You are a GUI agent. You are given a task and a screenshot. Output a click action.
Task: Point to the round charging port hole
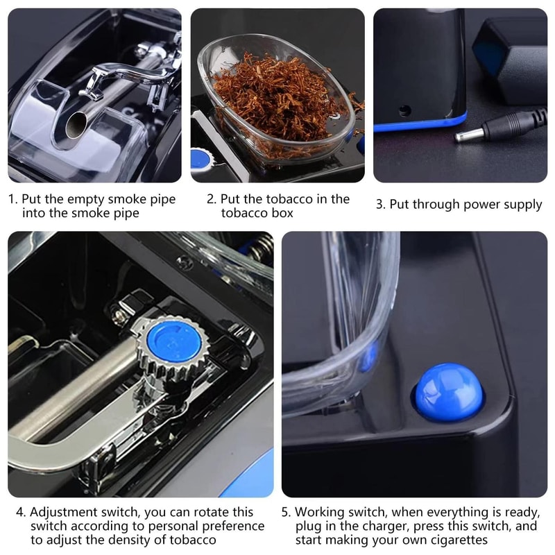pos(404,110)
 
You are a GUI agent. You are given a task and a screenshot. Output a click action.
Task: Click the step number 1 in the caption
pos(12,200)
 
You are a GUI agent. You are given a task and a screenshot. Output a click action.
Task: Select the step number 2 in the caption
pos(211,200)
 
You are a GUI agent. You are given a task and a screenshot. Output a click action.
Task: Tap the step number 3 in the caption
pos(379,205)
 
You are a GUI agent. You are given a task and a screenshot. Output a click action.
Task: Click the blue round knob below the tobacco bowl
pos(202,159)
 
